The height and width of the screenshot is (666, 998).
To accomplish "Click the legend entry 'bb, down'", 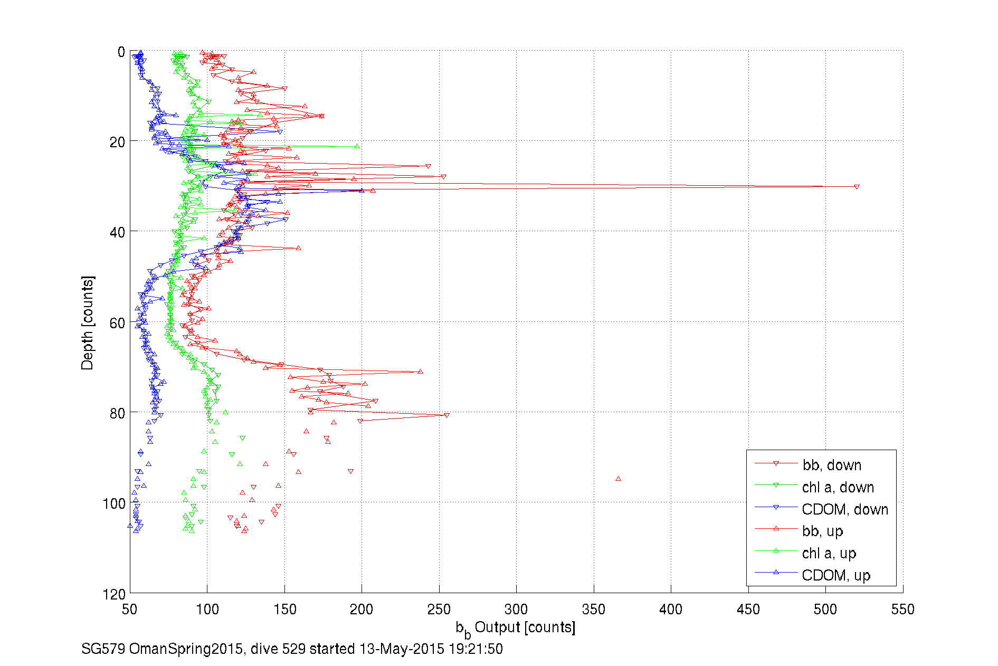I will coord(831,465).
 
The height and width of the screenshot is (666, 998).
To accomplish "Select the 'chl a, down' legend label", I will coord(838,487).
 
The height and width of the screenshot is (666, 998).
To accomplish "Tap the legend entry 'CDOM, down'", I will coord(844,509).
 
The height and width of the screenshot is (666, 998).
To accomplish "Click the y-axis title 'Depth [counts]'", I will coord(88,323).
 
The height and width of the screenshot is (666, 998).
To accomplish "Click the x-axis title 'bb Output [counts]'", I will coord(515,628).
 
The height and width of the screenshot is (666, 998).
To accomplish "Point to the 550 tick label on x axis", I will coord(902,610).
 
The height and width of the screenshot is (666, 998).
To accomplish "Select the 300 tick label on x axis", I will coord(516,610).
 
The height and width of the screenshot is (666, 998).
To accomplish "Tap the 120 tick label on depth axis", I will coord(114,595).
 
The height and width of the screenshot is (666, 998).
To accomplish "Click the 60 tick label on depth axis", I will coord(117,323).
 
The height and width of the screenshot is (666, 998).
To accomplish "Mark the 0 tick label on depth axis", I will coord(121,52).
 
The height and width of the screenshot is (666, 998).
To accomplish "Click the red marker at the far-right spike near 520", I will coord(857,187).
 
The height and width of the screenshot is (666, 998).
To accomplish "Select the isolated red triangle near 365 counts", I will coord(618,479).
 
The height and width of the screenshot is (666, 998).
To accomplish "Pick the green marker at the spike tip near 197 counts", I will coord(357,146).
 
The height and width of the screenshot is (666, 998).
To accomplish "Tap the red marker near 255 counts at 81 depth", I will coord(446,415).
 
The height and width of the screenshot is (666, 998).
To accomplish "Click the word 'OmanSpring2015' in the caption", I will coord(186,649).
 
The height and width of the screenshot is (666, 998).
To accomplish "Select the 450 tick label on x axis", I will coord(748,610).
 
